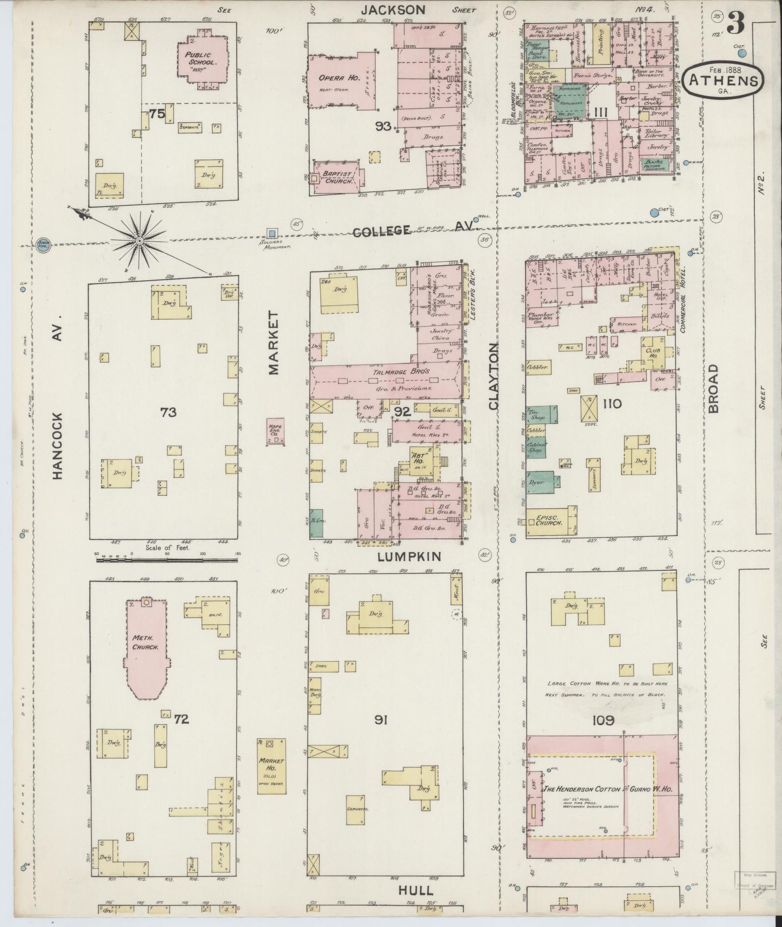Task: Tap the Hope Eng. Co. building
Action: click(275, 431)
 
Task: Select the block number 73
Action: click(168, 412)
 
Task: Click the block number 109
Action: click(603, 721)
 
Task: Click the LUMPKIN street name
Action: click(409, 557)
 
